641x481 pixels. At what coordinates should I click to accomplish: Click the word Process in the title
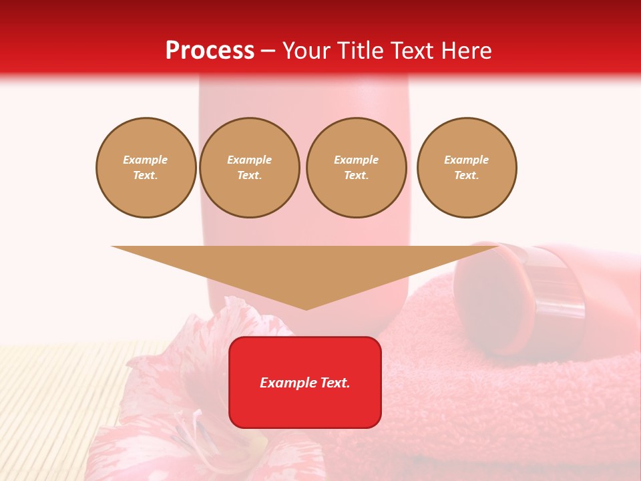pos(210,51)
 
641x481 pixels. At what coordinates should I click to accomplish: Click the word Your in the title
pos(306,51)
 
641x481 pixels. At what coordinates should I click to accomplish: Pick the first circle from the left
pos(146,167)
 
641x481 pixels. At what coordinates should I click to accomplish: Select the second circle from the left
pos(249,167)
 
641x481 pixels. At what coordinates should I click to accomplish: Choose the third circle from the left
pos(356,167)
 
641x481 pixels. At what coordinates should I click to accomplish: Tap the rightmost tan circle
pos(466,167)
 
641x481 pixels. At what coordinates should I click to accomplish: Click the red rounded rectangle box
pos(304,408)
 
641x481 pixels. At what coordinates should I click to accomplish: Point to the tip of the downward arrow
pos(306,308)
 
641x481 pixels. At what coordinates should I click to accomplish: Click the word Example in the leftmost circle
pos(146,160)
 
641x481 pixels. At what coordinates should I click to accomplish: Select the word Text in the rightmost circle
pos(466,175)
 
